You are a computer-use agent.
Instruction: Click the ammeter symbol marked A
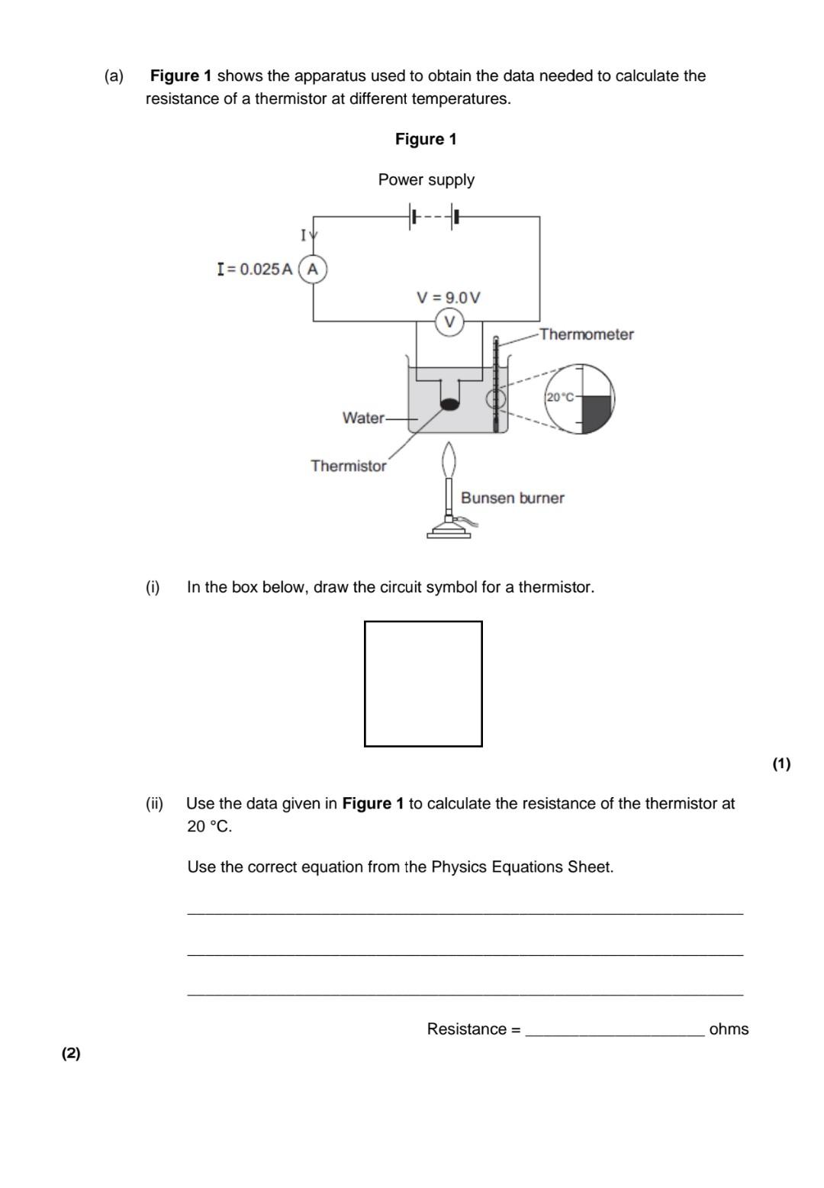(313, 269)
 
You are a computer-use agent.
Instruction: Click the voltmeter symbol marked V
(449, 322)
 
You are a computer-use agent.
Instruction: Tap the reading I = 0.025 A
(255, 270)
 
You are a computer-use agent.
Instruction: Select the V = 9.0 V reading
(449, 298)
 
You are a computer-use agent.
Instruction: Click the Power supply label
(426, 180)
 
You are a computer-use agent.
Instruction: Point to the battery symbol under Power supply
(433, 217)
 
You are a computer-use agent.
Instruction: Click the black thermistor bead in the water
(451, 405)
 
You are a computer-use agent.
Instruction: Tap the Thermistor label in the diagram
(349, 466)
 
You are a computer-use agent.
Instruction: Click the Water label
(363, 418)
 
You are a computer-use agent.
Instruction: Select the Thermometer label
(586, 334)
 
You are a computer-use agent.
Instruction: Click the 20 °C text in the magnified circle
(559, 397)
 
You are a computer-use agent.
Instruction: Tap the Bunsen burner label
(512, 498)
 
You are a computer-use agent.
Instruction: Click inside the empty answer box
(423, 683)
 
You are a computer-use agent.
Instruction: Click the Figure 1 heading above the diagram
(426, 139)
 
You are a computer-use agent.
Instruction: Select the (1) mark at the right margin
(781, 763)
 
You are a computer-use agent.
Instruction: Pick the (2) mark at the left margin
(71, 1054)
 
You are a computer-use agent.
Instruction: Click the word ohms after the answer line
(729, 1029)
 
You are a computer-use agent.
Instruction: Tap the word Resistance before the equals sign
(466, 1029)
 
